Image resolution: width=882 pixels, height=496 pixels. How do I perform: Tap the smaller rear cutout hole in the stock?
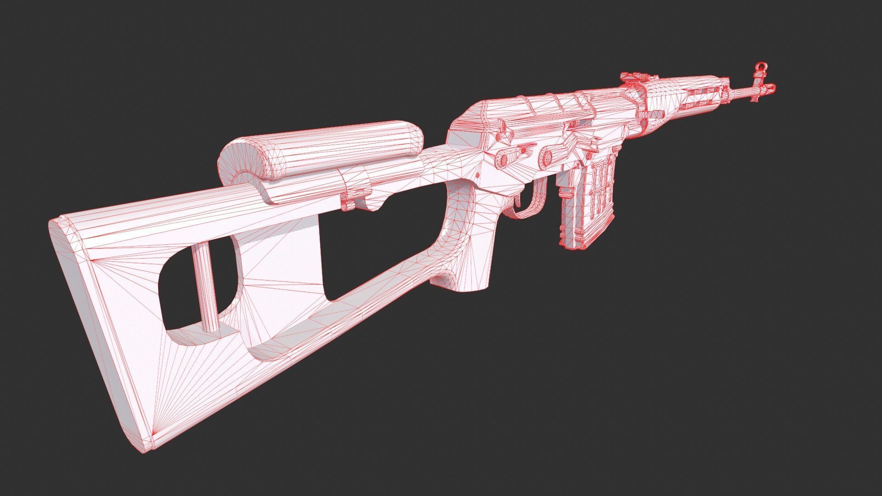point(184,294)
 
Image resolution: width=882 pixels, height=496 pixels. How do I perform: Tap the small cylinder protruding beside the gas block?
point(652,113)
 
